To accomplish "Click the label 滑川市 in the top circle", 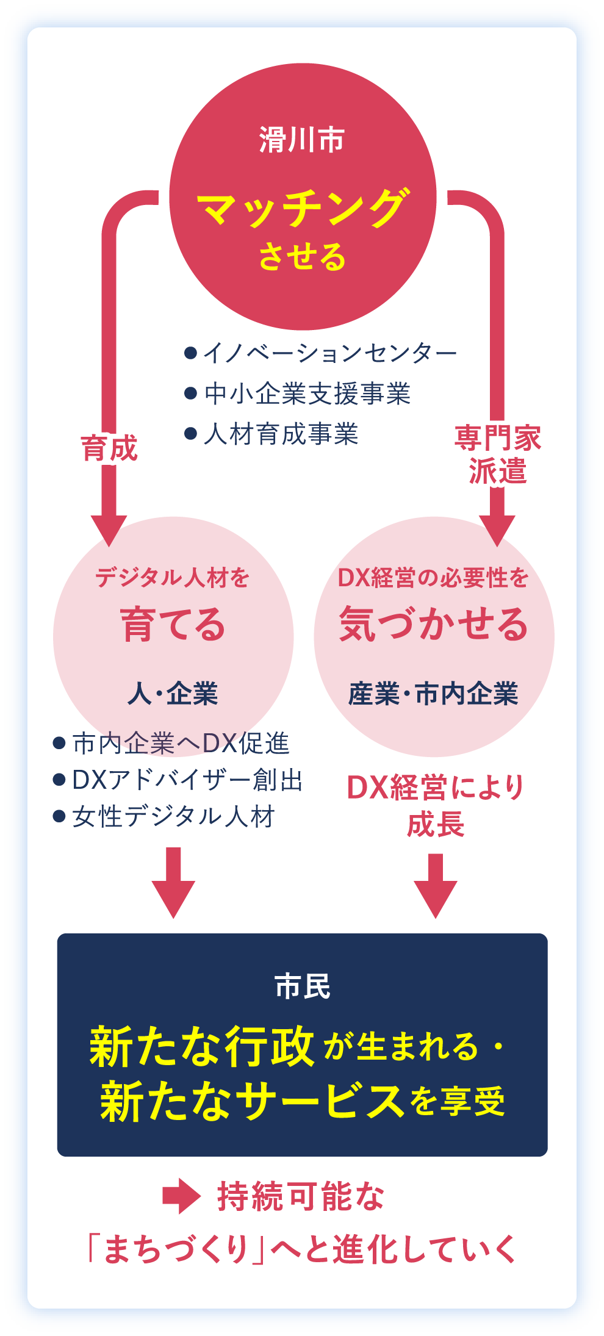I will (302, 140).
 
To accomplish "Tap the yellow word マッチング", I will (302, 208).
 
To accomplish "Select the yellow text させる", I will (302, 256).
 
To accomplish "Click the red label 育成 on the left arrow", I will (109, 448).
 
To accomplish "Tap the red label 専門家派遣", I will (497, 454).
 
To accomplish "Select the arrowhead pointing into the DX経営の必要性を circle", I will (497, 530).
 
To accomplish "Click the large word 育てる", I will (173, 625).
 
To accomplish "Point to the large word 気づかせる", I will (434, 625).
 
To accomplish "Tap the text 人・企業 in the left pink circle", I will (173, 694).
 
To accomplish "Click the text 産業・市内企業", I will (434, 694).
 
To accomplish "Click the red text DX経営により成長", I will (436, 805).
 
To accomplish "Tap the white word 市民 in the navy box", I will (302, 986).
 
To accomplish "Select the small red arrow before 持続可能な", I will (181, 1196).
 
